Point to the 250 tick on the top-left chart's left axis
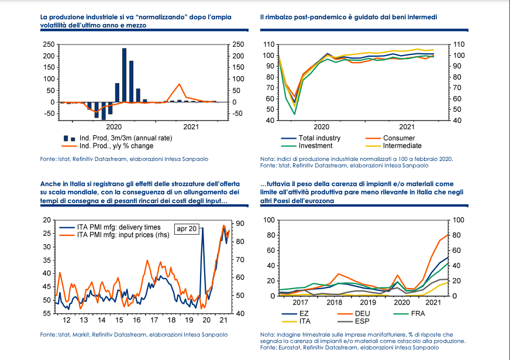point(49,44)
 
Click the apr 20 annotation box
point(187,228)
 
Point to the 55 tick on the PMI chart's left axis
point(47,314)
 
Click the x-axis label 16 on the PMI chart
point(136,321)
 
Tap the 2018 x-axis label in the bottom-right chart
point(335,303)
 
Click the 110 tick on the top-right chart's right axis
point(459,44)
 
